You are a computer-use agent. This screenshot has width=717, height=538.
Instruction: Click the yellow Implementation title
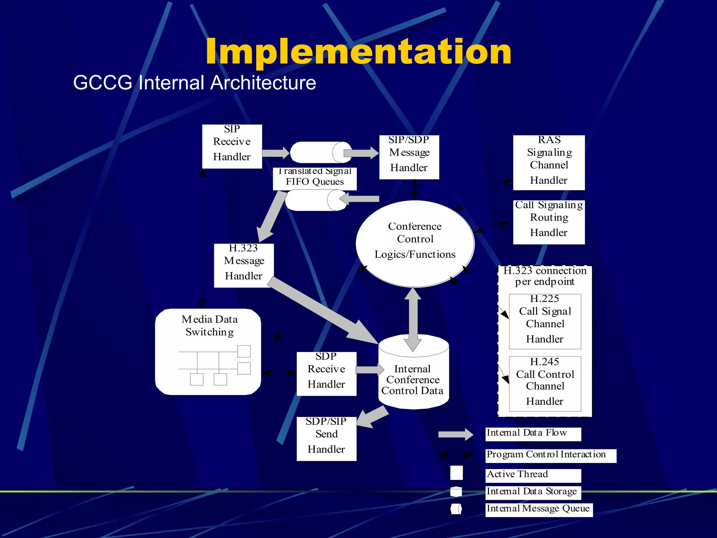tap(358, 52)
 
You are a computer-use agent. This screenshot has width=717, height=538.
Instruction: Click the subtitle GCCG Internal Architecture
tap(194, 83)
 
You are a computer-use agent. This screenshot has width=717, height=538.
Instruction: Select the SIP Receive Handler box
tap(232, 146)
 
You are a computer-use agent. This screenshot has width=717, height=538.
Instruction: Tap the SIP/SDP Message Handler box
tap(409, 157)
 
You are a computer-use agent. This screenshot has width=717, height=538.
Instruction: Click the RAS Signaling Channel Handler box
tap(549, 163)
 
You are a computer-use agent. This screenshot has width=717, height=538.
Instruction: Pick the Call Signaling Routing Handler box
tap(549, 222)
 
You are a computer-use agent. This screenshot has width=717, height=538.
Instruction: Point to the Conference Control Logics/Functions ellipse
tap(415, 243)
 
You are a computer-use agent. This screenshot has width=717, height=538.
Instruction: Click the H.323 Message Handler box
tap(244, 265)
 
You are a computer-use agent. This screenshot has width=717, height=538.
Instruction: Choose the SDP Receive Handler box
tap(326, 374)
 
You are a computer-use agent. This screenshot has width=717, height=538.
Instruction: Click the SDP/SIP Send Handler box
tap(326, 439)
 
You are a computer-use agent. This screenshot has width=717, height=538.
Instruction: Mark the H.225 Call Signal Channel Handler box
tap(545, 321)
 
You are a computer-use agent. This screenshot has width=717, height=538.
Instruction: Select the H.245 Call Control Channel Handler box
tap(545, 384)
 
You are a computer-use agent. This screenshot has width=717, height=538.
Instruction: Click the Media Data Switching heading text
tap(209, 325)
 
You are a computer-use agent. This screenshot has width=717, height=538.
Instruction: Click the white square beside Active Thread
tap(456, 473)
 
